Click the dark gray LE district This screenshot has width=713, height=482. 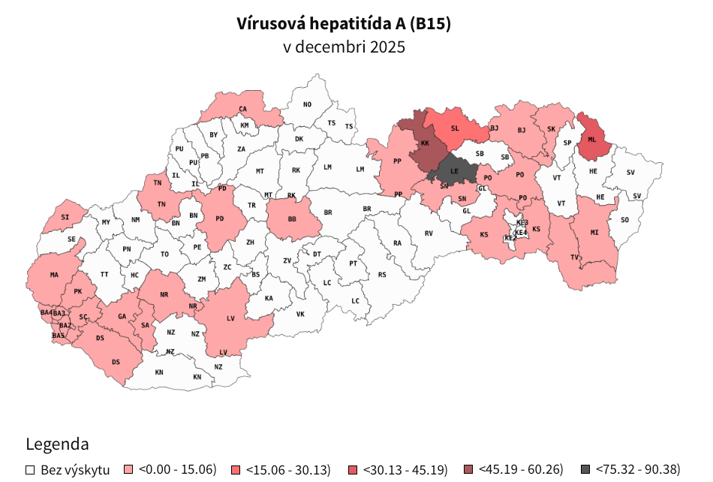coord(455,171)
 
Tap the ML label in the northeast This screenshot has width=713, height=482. coord(592,140)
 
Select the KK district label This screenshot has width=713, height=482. coord(425,143)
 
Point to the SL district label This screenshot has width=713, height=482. coord(455,128)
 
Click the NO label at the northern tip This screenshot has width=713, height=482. coord(307,104)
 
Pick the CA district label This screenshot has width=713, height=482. coord(243,109)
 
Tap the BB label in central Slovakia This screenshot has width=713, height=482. coord(292,220)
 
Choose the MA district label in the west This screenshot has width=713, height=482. coord(54,275)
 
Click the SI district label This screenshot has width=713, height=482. coord(65,217)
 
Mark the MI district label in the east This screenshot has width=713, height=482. coord(594,233)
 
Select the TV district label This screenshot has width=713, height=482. coord(575,258)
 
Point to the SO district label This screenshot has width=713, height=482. coord(624,221)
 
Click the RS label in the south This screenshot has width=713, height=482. coord(382,275)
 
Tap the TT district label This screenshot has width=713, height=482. coord(104,275)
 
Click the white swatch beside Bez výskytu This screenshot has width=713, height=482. coord(31,470)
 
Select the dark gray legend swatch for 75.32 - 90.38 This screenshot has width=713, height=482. coord(585,470)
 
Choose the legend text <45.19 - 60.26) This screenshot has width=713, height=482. coord(520,470)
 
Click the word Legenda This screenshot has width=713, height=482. coord(57,443)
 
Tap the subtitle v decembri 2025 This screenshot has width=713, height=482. coord(344,47)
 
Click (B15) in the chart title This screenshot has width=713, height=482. coord(430,24)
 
